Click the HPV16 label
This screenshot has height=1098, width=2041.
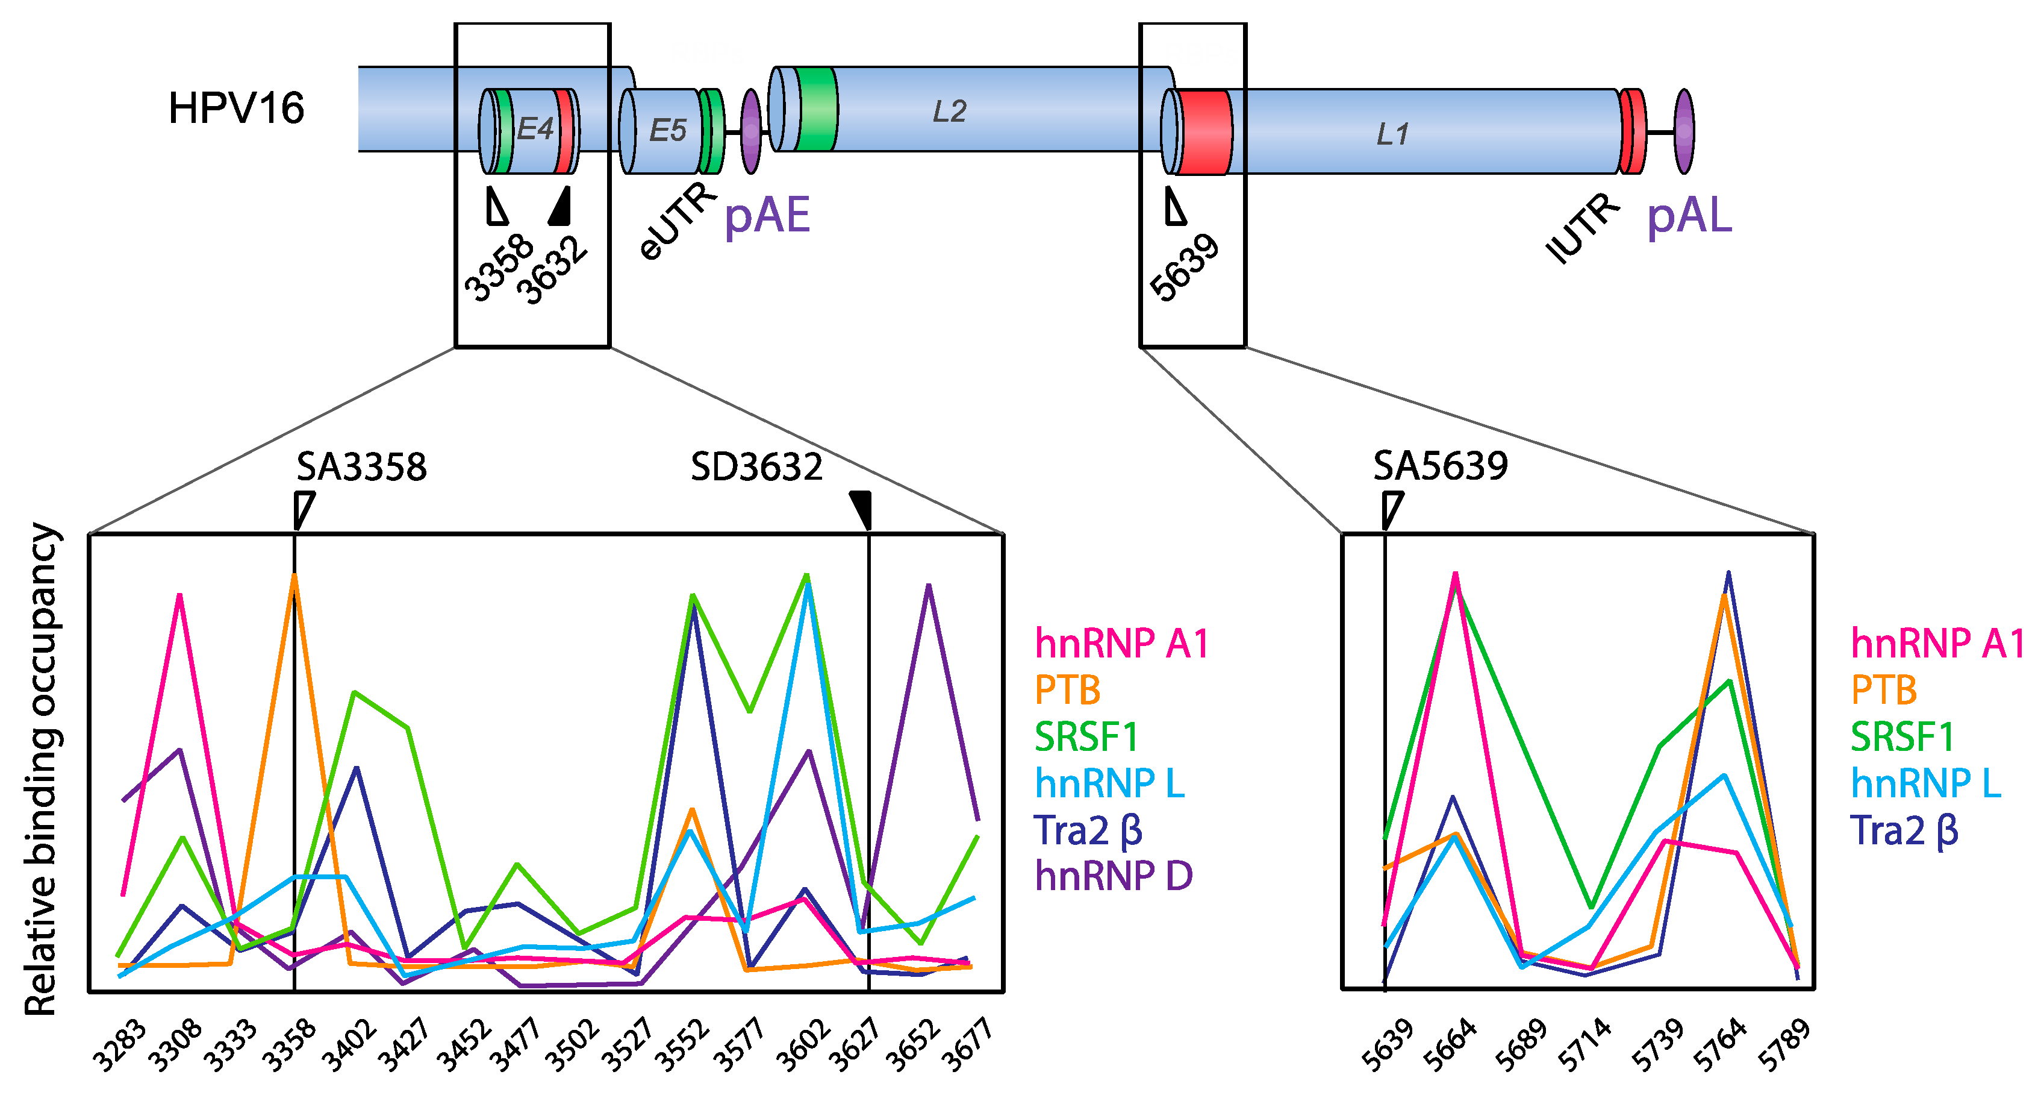236,108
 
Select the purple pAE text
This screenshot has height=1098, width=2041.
767,216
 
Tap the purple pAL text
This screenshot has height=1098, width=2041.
1689,216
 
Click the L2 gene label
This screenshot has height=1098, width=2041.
949,111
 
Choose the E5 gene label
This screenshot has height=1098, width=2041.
667,131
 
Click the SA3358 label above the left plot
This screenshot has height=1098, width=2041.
361,467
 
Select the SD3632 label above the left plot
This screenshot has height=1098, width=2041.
756,467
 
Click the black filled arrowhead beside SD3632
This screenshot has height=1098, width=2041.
862,508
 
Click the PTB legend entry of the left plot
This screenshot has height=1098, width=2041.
1067,690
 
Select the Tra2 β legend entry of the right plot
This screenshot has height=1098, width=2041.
1904,831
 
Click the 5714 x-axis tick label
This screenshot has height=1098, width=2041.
1584,1045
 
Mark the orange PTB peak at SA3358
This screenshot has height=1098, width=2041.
294,576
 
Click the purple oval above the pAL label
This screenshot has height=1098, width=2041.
1684,131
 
